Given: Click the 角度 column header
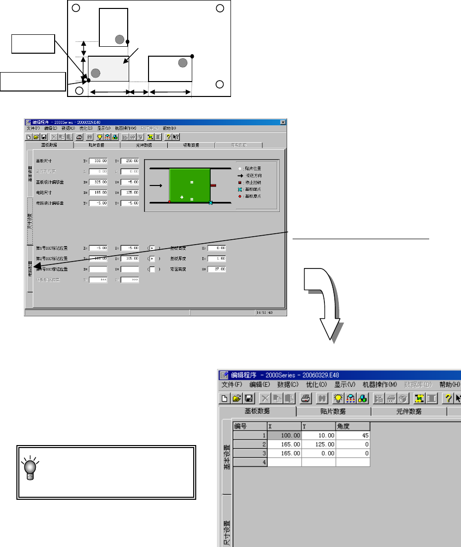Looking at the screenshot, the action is [x=353, y=426].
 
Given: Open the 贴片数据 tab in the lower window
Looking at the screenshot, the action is [x=333, y=411].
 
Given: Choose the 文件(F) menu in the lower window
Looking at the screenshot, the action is [x=232, y=384].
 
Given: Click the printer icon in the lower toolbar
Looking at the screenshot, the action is [x=306, y=398].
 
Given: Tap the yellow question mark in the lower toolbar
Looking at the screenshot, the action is [x=448, y=398].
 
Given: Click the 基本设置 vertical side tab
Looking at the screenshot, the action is [x=227, y=458].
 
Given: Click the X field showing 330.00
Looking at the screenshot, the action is [x=98, y=161].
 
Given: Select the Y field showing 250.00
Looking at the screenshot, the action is [x=129, y=161].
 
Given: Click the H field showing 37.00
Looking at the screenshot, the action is [x=217, y=269].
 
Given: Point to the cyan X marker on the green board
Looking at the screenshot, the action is [x=211, y=203].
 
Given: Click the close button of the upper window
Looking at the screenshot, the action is [x=283, y=122].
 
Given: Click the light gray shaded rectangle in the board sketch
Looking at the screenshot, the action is [x=108, y=69].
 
